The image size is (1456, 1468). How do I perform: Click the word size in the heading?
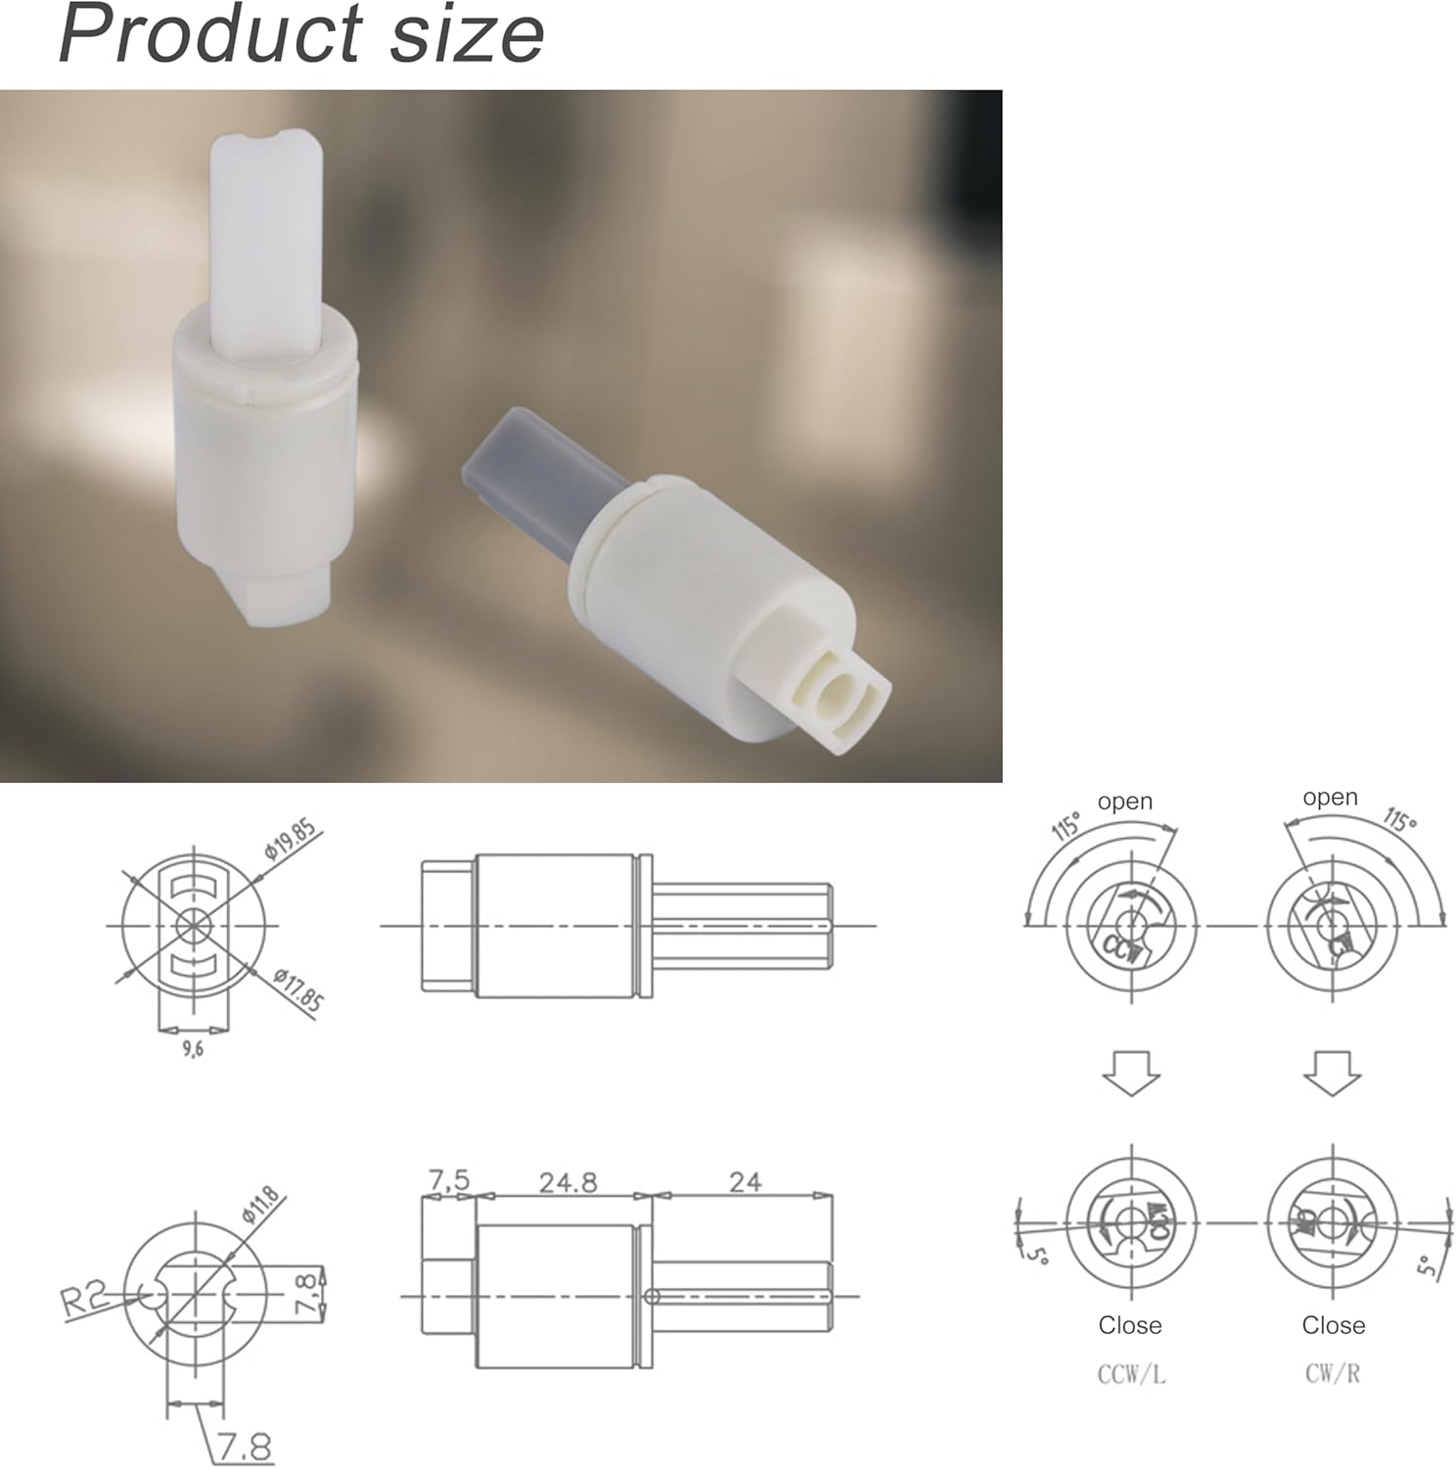(x=467, y=34)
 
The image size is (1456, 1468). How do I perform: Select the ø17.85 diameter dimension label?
(x=297, y=988)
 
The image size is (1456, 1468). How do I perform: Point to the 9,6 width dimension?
(x=193, y=1050)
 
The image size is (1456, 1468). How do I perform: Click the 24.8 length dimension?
(x=568, y=1182)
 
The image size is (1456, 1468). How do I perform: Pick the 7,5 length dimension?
(x=449, y=1180)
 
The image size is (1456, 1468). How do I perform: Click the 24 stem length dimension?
(x=745, y=1182)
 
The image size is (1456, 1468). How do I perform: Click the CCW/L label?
(x=1131, y=1374)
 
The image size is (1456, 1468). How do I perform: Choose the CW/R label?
(x=1332, y=1373)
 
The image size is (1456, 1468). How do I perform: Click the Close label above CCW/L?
(x=1130, y=1325)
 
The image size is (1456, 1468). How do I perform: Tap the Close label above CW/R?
(x=1333, y=1325)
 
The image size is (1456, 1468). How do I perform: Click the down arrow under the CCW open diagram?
(x=1131, y=1073)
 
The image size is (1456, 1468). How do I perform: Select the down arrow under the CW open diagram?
(x=1332, y=1073)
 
